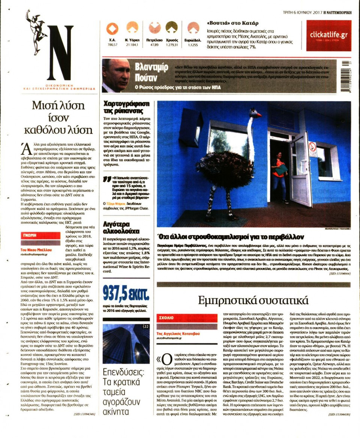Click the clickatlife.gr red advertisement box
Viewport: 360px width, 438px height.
[328, 35]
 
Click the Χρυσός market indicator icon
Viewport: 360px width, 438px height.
[171, 27]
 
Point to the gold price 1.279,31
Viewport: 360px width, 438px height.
[172, 45]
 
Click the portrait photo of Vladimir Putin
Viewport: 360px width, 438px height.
[116, 75]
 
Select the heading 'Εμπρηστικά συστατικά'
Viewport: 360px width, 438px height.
[253, 300]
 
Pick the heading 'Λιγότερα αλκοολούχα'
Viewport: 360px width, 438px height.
[121, 227]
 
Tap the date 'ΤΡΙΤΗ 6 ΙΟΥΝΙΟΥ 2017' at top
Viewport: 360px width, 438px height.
[303, 12]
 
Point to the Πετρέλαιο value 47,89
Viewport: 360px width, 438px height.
[154, 45]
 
